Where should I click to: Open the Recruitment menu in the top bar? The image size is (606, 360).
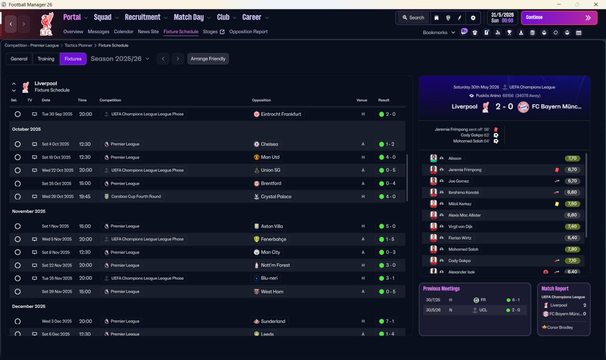point(143,17)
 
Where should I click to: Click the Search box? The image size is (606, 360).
point(413,18)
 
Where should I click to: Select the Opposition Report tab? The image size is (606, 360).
point(248,32)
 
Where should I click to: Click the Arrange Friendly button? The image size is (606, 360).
point(208,59)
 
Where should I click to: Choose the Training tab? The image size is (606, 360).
point(46,59)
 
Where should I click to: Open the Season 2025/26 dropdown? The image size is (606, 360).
point(120,59)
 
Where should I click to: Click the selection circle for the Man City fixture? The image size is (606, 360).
point(18,252)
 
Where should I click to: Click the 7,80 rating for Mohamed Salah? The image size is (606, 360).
point(572,249)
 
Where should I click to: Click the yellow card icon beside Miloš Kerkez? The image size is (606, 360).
point(557,204)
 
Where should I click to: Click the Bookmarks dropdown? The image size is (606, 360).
point(439,33)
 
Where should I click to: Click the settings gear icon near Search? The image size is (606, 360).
point(472,18)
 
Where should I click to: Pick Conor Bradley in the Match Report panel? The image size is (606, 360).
point(560,327)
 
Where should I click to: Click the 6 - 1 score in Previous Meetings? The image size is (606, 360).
point(513,300)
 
